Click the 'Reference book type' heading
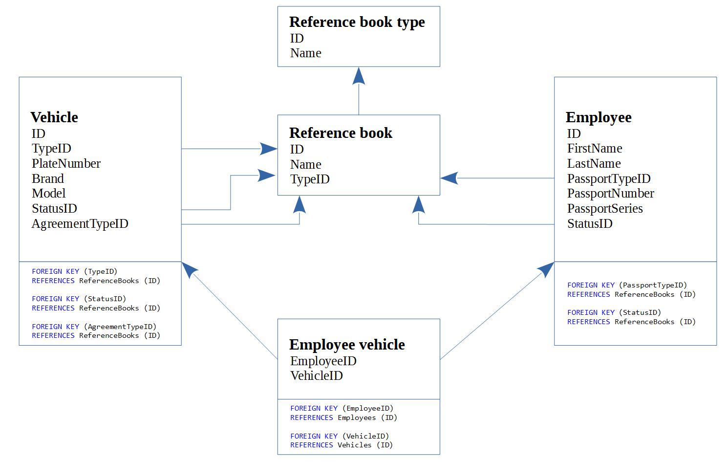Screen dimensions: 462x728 coord(357,22)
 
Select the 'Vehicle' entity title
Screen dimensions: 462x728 coord(54,117)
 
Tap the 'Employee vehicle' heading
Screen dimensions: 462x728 coord(347,345)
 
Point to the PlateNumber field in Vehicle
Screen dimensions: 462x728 coord(66,163)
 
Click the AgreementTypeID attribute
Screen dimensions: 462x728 coord(80,224)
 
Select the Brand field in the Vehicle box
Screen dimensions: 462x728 coord(48,178)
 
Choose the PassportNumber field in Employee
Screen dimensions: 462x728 coord(610,194)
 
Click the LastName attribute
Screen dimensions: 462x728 coord(594,163)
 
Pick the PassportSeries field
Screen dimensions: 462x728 coord(604,209)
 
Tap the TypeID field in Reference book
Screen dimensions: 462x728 coord(310,179)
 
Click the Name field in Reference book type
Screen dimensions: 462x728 coord(305,53)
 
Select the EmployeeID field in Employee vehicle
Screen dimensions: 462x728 coord(323,361)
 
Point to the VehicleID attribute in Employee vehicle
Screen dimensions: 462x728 coord(316,376)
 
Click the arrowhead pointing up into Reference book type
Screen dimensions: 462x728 coord(359,76)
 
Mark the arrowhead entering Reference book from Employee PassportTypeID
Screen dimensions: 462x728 coord(449,178)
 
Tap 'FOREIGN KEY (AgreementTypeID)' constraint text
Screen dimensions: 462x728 coord(94,327)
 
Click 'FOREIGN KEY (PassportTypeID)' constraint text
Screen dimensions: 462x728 coord(627,285)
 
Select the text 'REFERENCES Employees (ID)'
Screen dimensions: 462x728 coord(343,418)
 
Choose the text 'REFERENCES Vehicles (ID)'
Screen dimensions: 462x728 coord(341,445)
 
